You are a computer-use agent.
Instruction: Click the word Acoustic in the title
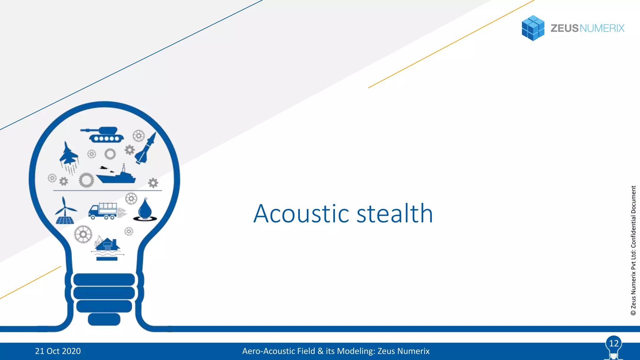tap(301, 214)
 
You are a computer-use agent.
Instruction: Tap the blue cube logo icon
tap(533, 28)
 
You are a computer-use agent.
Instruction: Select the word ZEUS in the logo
tap(564, 28)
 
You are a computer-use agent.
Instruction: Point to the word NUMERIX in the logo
tap(602, 28)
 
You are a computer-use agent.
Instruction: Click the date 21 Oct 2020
tap(58, 351)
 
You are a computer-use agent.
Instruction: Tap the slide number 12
tap(614, 343)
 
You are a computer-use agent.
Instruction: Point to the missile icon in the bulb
tap(146, 149)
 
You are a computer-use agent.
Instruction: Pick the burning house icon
tap(107, 245)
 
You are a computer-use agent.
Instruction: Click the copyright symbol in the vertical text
tap(633, 312)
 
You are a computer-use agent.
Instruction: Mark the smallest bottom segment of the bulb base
tap(104, 319)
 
